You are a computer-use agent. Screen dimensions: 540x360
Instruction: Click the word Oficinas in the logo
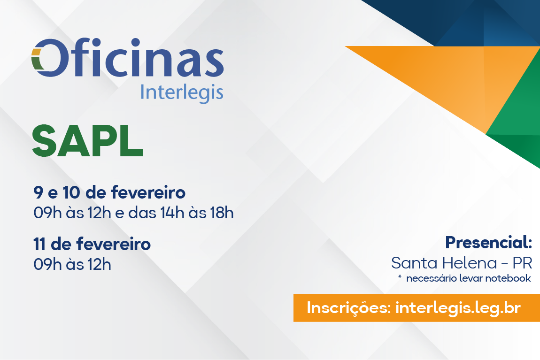tap(128, 57)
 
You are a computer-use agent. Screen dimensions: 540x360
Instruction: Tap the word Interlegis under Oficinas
tap(182, 93)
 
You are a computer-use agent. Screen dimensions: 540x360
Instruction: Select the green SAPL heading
tap(87, 141)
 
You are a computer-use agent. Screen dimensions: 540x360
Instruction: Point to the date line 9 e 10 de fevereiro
tap(109, 192)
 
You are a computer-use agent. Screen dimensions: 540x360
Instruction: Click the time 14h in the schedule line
tap(172, 213)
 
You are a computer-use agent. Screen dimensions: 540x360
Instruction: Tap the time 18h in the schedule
tap(222, 213)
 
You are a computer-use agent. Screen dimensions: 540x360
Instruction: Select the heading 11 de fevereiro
tap(92, 244)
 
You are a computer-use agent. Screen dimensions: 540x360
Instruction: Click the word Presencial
tap(489, 242)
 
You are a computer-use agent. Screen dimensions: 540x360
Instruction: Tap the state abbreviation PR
tap(522, 263)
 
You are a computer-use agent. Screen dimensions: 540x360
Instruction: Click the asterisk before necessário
tap(400, 276)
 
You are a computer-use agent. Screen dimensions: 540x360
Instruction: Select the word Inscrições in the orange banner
tap(348, 308)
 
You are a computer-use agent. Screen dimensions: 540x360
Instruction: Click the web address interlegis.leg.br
tap(458, 308)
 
